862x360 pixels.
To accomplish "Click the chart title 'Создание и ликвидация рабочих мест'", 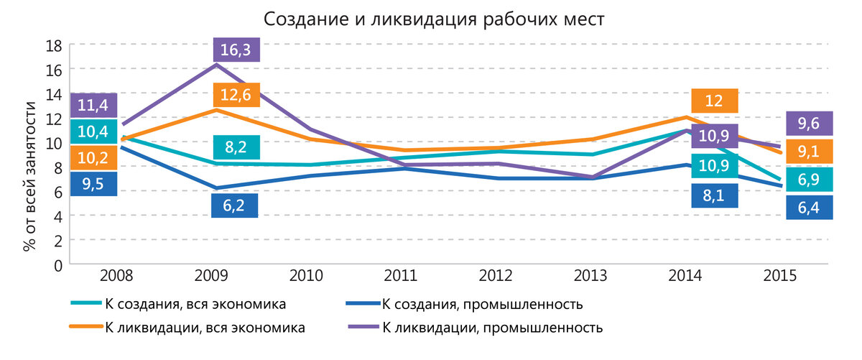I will click(x=434, y=19).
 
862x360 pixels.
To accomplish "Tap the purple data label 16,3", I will click(x=236, y=50).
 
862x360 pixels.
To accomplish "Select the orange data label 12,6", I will click(x=236, y=95).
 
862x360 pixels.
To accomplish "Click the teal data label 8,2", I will click(x=236, y=147).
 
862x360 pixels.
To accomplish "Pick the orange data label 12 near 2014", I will click(x=715, y=101).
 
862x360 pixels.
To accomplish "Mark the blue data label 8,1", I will click(x=715, y=195).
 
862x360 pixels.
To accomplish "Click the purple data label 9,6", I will click(x=810, y=123).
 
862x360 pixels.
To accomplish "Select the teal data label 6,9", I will click(x=810, y=180).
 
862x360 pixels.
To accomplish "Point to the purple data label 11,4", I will click(x=93, y=106).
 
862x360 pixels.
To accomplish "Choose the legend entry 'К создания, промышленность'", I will click(x=465, y=304).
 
